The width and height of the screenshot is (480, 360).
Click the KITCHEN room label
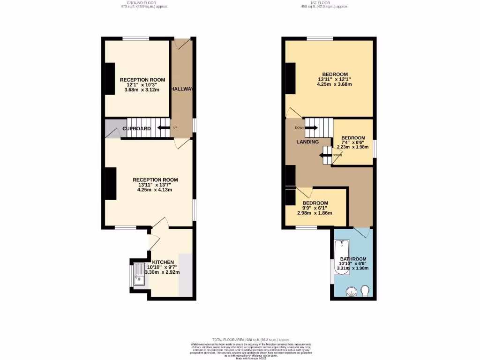pos(163,262)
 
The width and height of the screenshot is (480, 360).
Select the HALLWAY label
pos(182,89)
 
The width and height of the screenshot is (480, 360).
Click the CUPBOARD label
pos(137,128)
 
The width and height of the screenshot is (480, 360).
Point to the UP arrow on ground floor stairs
pos(164,127)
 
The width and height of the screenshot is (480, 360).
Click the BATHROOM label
pos(353,259)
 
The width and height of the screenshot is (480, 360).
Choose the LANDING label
pos(307,142)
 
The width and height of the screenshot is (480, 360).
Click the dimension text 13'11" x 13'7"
pos(155,185)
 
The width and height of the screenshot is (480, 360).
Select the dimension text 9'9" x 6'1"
pos(315,208)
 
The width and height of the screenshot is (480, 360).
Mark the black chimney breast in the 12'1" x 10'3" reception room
pos(110,78)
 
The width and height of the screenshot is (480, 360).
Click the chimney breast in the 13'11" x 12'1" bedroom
pos(291,79)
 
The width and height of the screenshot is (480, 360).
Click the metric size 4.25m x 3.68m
pos(334,85)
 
